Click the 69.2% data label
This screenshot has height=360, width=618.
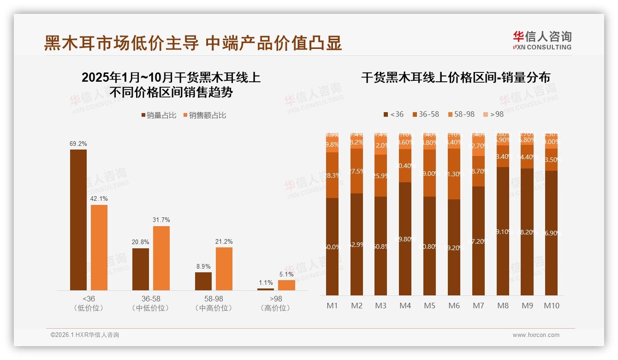78,144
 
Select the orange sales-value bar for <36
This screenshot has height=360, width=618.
99,247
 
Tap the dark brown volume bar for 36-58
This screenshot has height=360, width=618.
141,269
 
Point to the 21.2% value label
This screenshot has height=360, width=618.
224,241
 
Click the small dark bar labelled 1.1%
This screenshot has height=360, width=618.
266,289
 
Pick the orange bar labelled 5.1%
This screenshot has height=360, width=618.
286,285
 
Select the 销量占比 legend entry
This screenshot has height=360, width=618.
158,115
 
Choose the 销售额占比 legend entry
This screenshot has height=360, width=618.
204,115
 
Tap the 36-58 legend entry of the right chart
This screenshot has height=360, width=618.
425,114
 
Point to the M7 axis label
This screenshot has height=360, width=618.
478,306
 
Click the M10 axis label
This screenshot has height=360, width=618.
551,306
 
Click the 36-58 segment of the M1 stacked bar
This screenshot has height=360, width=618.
332,175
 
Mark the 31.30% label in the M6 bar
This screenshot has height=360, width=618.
454,174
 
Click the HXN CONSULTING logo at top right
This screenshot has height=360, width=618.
542,41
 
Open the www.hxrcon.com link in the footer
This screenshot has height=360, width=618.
536,335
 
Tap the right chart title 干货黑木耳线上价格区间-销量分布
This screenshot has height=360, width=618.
455,78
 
